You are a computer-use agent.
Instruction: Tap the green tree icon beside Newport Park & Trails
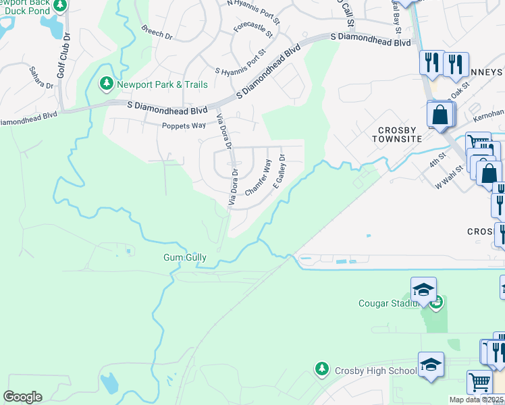(x=106, y=84)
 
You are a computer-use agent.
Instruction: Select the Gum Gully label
(x=184, y=258)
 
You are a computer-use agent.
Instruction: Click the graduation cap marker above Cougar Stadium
(x=423, y=290)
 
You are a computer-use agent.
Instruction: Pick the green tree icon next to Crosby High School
(x=321, y=369)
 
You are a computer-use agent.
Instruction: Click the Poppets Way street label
(x=183, y=126)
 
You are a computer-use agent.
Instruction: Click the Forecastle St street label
(x=253, y=29)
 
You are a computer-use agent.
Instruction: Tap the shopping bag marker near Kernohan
(x=440, y=115)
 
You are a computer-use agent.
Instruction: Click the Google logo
(x=22, y=397)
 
